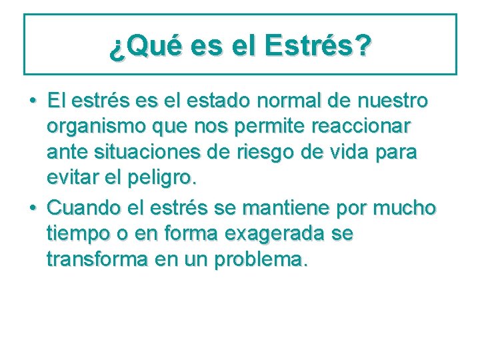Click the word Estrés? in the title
click(318, 47)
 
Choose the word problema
click(261, 260)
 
